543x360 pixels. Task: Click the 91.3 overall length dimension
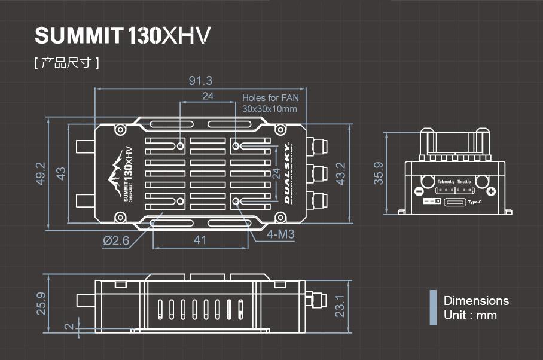point(200,81)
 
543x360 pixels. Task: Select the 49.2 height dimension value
point(41,173)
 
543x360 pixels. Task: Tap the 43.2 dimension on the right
point(340,173)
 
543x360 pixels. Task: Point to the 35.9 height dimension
point(379,173)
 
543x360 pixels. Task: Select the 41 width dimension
point(200,240)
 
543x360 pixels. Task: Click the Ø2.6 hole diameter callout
point(115,240)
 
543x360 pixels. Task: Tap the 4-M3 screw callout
point(280,235)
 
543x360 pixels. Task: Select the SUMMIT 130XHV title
point(123,36)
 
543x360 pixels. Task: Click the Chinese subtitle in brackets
point(66,63)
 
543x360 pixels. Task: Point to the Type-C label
point(475,202)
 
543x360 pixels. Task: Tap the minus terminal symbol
point(419,191)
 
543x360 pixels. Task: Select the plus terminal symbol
point(490,191)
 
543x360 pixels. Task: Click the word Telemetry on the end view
point(446,181)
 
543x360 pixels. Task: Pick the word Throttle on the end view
point(464,181)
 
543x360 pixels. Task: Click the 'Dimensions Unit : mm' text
point(476,308)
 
